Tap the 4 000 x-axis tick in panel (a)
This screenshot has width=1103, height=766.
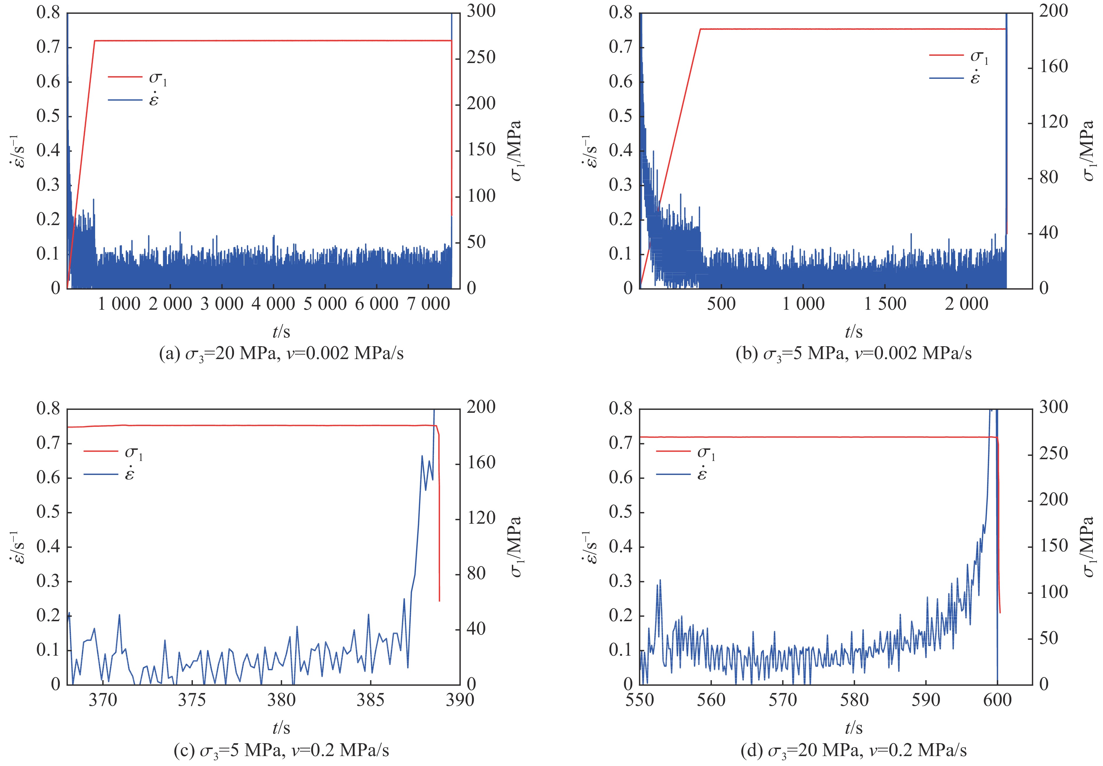[x=273, y=304]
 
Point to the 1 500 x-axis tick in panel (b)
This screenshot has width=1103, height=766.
[x=885, y=304]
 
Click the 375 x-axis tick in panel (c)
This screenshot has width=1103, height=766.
[x=192, y=700]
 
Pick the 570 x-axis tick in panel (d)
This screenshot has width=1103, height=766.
[x=783, y=700]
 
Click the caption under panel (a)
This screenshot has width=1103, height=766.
[x=281, y=354]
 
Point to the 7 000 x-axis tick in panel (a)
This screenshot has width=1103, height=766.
[x=428, y=304]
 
